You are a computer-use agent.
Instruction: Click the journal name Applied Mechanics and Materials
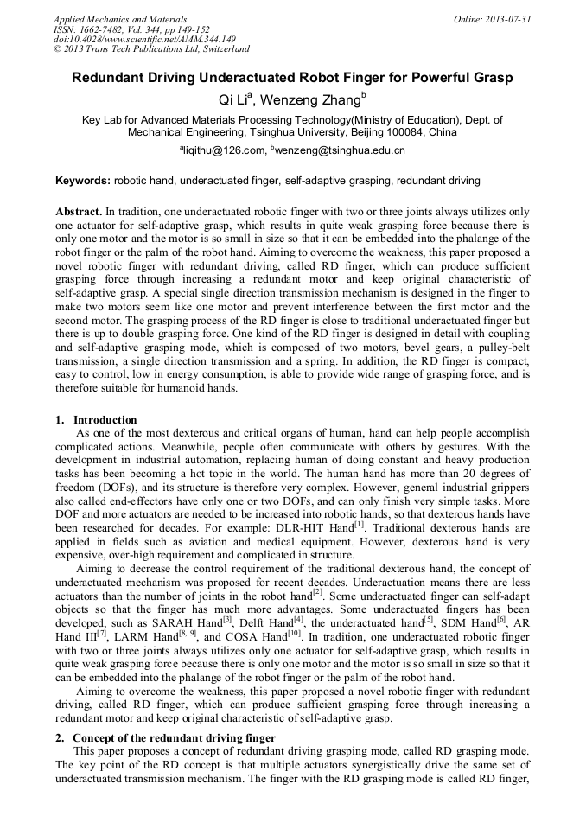pyautogui.click(x=119, y=18)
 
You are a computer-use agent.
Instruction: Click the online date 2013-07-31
pyautogui.click(x=506, y=18)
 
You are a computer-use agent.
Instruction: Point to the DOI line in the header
pyautogui.click(x=144, y=39)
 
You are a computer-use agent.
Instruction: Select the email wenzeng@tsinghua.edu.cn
pyautogui.click(x=340, y=150)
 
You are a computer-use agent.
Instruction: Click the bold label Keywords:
pyautogui.click(x=83, y=182)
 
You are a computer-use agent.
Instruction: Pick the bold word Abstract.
pyautogui.click(x=78, y=212)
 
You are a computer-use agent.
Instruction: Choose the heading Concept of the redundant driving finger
pyautogui.click(x=174, y=737)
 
